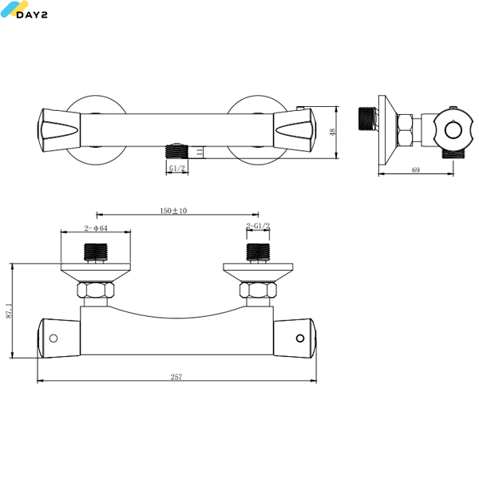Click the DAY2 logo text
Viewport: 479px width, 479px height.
tap(32, 14)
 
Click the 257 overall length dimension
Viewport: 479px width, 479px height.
tap(176, 377)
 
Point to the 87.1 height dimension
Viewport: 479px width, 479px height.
tap(9, 311)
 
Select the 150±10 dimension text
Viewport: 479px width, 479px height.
tap(173, 211)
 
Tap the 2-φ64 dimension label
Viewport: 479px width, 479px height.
tap(96, 228)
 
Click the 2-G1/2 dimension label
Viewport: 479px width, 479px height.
tap(258, 226)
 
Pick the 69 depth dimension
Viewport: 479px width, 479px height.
tap(416, 170)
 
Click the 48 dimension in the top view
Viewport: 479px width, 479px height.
tap(332, 132)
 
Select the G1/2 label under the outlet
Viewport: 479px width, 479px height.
tap(177, 168)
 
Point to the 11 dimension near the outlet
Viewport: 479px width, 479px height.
tap(200, 152)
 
